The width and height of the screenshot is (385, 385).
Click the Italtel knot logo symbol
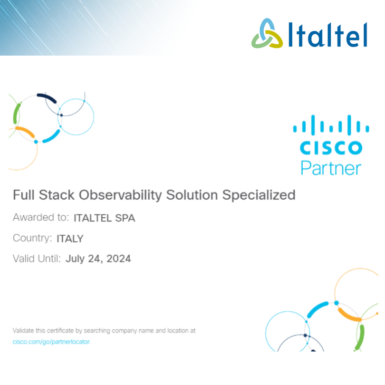[x=267, y=33]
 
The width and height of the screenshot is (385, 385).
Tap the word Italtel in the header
[x=327, y=35]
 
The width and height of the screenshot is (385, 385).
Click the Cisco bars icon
[x=331, y=125]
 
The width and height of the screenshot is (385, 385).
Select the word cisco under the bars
[x=331, y=147]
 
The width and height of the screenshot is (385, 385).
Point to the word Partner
[x=331, y=168]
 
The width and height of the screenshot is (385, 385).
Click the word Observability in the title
[x=120, y=195]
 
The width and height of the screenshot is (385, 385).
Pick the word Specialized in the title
[x=259, y=195]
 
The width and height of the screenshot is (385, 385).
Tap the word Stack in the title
[x=57, y=195]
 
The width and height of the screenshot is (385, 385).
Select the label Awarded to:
[x=41, y=217]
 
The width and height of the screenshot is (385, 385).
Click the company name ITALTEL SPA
[x=105, y=218]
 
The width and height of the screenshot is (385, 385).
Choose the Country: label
[x=32, y=238]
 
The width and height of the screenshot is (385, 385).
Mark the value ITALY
[x=70, y=239]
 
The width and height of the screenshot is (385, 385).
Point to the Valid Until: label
[x=37, y=259]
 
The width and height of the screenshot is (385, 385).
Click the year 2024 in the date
[x=119, y=259]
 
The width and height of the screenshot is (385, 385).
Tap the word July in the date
[x=75, y=259]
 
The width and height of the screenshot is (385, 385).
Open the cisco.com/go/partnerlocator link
[x=51, y=342]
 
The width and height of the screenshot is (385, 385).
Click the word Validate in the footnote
[x=23, y=330]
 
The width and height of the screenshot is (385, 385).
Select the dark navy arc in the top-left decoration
[x=47, y=97]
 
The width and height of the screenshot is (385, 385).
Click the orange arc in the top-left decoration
[x=25, y=131]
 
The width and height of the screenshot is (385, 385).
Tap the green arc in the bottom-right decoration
[x=360, y=337]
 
